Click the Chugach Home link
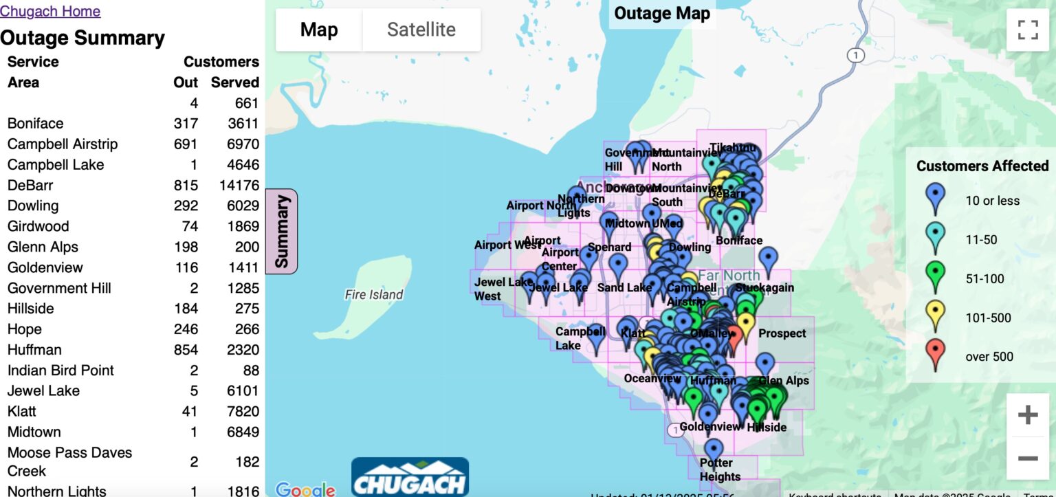pyautogui.click(x=50, y=12)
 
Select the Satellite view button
pyautogui.click(x=421, y=30)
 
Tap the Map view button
pyautogui.click(x=319, y=30)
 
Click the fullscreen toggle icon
pyautogui.click(x=1028, y=30)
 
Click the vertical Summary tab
pyautogui.click(x=282, y=231)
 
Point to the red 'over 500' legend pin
pyautogui.click(x=936, y=356)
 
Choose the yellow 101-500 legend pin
pyautogui.click(x=936, y=317)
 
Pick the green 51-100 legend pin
pyautogui.click(x=936, y=278)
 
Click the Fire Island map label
pyautogui.click(x=374, y=295)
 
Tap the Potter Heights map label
pyautogui.click(x=720, y=470)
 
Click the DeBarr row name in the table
pyautogui.click(x=30, y=185)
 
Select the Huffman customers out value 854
pyautogui.click(x=186, y=350)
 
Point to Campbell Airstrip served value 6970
pyautogui.click(x=234, y=144)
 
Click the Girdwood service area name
pyautogui.click(x=38, y=226)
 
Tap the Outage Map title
pyautogui.click(x=661, y=14)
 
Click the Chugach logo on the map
pyautogui.click(x=410, y=476)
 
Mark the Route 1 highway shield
pyautogui.click(x=855, y=56)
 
